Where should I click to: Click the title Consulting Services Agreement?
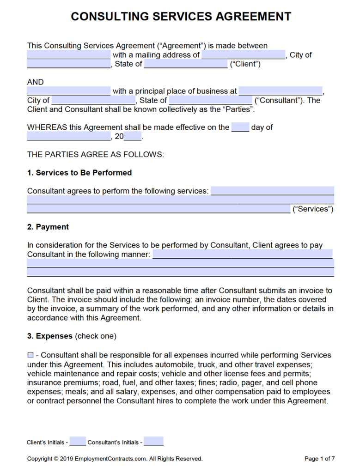(181, 17)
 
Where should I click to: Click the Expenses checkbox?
(31, 355)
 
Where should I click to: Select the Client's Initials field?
(78, 442)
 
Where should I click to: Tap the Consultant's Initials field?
(154, 442)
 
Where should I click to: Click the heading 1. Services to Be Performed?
(79, 173)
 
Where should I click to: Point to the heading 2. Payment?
(48, 227)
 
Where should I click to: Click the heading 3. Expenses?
(50, 336)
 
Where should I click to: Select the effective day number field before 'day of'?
(240, 127)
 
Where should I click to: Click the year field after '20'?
(133, 136)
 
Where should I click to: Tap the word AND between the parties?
(36, 82)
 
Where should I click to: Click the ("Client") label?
(245, 64)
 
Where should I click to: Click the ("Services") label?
(313, 209)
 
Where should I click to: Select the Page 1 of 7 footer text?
(319, 459)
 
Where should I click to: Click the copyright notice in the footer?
(115, 459)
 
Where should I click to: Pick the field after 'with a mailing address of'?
(243, 55)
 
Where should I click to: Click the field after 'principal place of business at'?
(281, 91)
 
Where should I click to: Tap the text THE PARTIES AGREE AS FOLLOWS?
(95, 154)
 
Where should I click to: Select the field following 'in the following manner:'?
(242, 254)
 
